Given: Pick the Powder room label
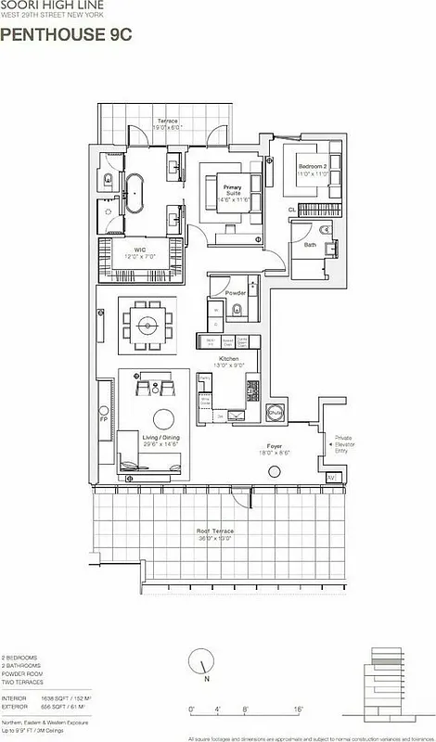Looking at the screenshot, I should click(236, 293).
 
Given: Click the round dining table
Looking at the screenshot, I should click(147, 324).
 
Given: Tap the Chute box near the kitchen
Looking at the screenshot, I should click(275, 413).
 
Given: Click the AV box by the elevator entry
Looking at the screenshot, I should click(332, 477).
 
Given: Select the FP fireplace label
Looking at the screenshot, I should click(104, 418).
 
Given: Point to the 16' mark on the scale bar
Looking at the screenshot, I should click(298, 684).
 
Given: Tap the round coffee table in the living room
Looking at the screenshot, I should click(163, 417).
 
